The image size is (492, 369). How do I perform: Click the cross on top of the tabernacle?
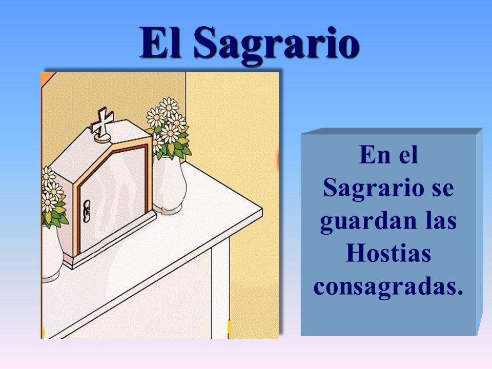click(102, 122)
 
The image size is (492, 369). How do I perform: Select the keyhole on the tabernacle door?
click(87, 211)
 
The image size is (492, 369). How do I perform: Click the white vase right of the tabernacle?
click(170, 186)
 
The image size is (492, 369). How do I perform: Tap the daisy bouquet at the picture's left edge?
click(53, 198)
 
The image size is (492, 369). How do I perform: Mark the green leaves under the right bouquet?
click(176, 145)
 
